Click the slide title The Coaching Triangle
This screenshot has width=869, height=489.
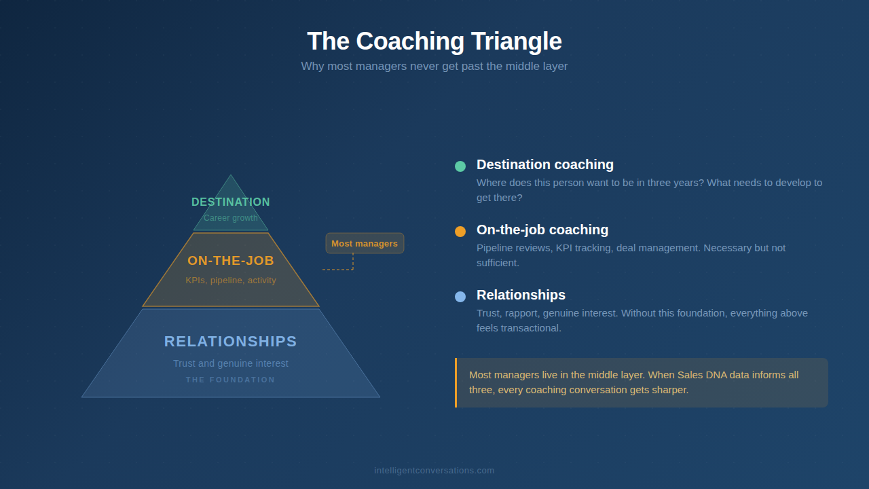point(434,41)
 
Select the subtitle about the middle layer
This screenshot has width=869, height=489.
point(434,67)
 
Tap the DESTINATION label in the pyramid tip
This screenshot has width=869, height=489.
point(231,202)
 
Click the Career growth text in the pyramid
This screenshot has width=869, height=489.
point(231,218)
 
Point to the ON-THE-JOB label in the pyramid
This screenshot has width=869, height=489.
point(231,261)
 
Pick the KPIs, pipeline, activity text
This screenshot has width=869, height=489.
point(231,280)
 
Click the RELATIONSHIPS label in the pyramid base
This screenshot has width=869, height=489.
point(231,342)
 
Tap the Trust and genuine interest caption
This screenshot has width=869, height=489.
point(231,363)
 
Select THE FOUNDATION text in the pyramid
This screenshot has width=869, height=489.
point(231,380)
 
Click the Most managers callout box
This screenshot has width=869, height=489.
point(365,243)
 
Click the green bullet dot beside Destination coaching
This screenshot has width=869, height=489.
point(460,166)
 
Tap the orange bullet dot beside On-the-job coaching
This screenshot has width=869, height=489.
point(460,232)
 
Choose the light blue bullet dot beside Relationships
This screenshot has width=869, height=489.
point(460,297)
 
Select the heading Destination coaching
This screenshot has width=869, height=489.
point(545,164)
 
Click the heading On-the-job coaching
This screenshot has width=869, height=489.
point(542,230)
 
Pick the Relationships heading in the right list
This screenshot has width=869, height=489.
point(521,295)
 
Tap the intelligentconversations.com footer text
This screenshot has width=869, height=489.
point(434,471)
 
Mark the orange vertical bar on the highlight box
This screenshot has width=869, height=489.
point(456,382)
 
